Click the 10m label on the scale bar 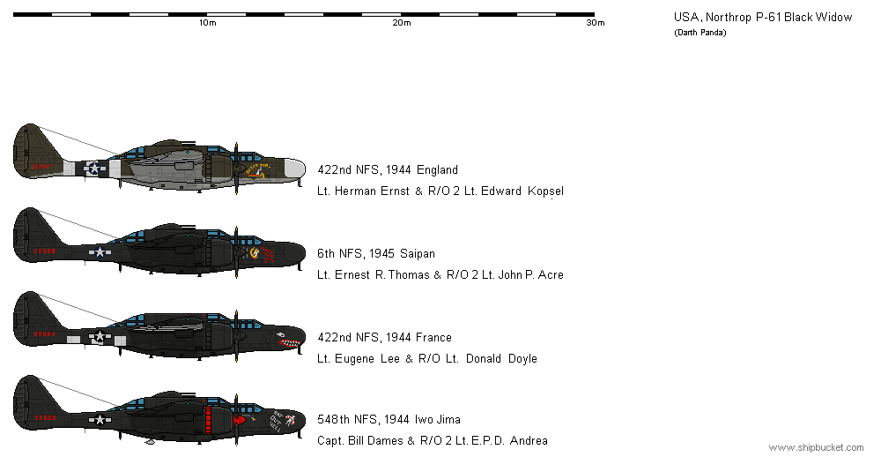click(207, 23)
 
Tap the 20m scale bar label click(401, 23)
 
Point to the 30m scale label click(595, 23)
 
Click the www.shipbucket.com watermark click(815, 448)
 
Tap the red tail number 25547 click(43, 166)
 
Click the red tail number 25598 click(43, 251)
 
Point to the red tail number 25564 click(43, 334)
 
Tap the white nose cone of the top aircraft click(298, 169)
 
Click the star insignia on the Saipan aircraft click(100, 252)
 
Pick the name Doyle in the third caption click(520, 359)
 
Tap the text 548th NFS click(340, 421)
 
